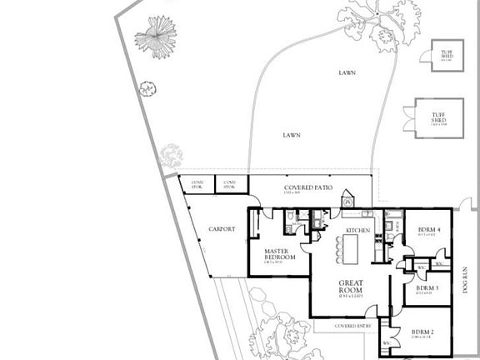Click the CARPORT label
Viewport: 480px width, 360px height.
(222, 229)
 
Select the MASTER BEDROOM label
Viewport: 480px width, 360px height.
(280, 254)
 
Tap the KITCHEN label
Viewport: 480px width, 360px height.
(358, 229)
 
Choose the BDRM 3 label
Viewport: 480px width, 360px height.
(427, 287)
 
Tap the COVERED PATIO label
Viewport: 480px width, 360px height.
(308, 188)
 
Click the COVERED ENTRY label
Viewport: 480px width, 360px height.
(352, 326)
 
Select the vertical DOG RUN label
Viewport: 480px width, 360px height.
(467, 280)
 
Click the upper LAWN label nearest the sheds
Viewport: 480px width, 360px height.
(347, 72)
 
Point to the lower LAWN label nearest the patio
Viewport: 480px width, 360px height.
(291, 134)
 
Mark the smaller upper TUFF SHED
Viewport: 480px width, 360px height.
(447, 55)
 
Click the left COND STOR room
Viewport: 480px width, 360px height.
(197, 185)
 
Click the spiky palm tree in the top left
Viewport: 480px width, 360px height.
(156, 36)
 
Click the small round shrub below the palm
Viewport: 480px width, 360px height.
(147, 88)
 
